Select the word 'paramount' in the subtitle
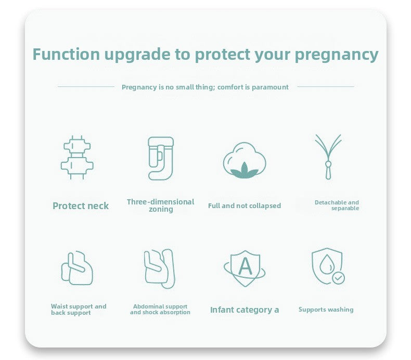coord(270,87)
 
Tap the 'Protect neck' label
coord(81,206)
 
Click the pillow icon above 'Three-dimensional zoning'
coord(160,158)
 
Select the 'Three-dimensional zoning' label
coord(160,205)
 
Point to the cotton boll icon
coord(245,160)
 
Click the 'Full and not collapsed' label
coord(245,206)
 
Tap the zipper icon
coord(328,156)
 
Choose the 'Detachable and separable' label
coord(337,205)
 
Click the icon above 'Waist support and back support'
coord(77,268)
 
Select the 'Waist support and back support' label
coord(79,310)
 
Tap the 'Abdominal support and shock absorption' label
coord(160,310)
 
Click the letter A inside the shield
coord(245,266)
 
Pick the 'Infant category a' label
coord(245,310)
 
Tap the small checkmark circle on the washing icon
coord(339,278)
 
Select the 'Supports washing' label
coord(326,310)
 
